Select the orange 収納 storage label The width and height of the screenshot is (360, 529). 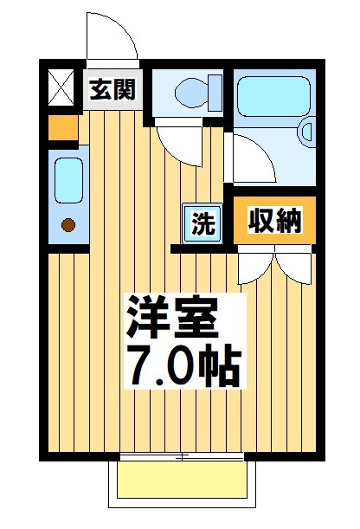(275, 222)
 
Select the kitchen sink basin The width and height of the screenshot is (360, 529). (67, 180)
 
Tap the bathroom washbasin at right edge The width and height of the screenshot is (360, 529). (305, 132)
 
